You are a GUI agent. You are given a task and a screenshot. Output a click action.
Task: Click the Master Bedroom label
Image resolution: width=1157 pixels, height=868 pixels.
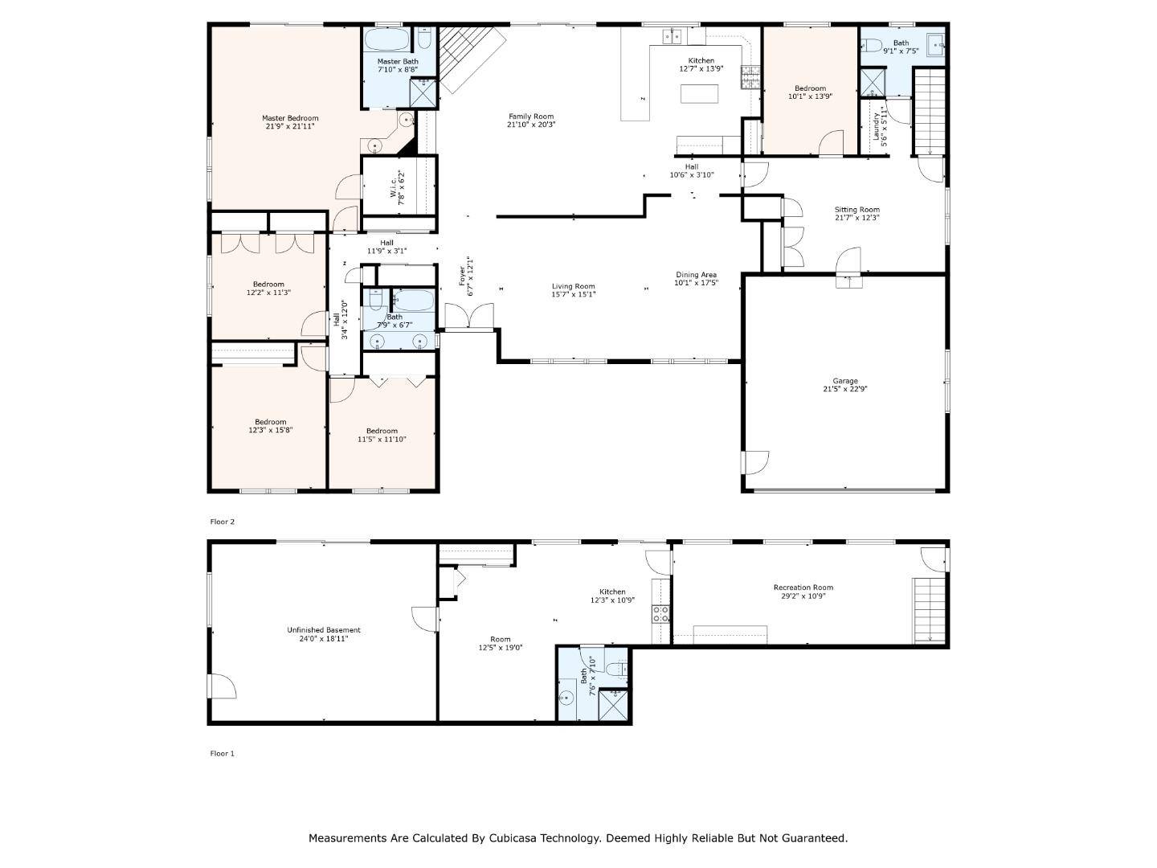click(290, 118)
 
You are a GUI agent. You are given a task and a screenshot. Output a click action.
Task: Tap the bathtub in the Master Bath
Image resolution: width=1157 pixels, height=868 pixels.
click(386, 39)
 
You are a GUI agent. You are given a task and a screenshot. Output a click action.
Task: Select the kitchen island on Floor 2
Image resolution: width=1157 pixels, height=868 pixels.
click(699, 94)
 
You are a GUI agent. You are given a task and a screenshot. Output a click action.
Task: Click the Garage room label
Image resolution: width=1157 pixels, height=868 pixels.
click(845, 380)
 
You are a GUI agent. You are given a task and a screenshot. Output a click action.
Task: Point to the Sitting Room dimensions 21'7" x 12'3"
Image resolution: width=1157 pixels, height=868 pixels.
click(857, 218)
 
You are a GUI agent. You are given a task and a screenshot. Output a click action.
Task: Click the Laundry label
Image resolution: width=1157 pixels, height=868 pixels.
click(876, 126)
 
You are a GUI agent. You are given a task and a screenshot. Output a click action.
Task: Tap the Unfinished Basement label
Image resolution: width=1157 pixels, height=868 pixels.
click(324, 630)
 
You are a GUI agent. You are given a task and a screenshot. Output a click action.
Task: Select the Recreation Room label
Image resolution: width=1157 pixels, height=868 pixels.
click(803, 587)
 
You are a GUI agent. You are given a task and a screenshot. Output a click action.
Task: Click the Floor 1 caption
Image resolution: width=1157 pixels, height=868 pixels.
click(222, 753)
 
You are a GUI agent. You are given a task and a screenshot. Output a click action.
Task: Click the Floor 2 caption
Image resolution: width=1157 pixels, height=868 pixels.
click(222, 522)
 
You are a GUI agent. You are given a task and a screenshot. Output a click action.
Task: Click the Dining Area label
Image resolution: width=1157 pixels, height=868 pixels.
click(696, 275)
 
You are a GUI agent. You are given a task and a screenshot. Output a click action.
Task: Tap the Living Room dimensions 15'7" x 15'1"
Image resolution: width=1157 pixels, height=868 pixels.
click(573, 295)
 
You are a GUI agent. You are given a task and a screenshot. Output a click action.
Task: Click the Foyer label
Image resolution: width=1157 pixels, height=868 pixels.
click(462, 276)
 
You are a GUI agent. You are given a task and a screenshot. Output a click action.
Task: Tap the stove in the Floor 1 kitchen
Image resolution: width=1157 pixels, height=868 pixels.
click(660, 613)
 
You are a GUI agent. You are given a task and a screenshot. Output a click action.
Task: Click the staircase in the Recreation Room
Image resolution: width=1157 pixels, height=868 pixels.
click(930, 610)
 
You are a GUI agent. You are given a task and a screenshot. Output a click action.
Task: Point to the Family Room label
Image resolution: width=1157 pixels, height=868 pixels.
click(531, 117)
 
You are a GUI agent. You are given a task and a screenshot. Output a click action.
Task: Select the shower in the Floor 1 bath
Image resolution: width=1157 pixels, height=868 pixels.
click(613, 705)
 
